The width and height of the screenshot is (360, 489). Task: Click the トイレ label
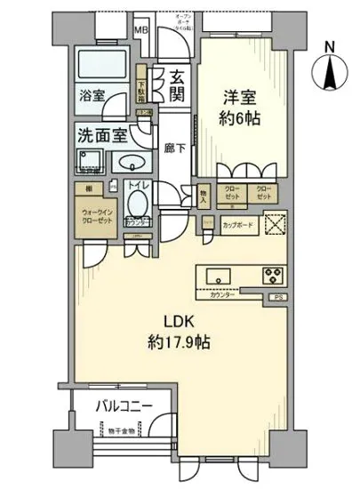139,188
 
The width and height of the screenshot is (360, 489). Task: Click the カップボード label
238,226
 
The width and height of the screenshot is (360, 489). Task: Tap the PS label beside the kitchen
277,298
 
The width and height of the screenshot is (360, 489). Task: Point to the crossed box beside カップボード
276,225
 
